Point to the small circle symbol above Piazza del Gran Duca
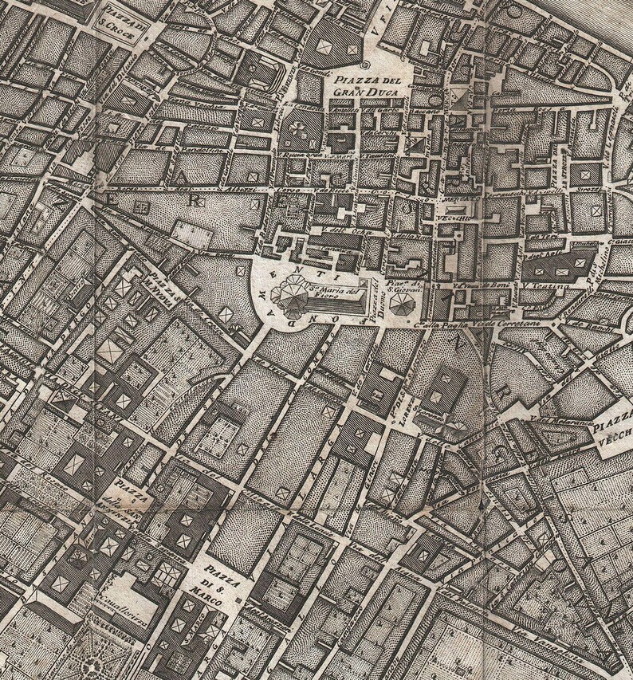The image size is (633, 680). (x=364, y=65)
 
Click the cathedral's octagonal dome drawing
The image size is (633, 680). (x=289, y=301)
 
